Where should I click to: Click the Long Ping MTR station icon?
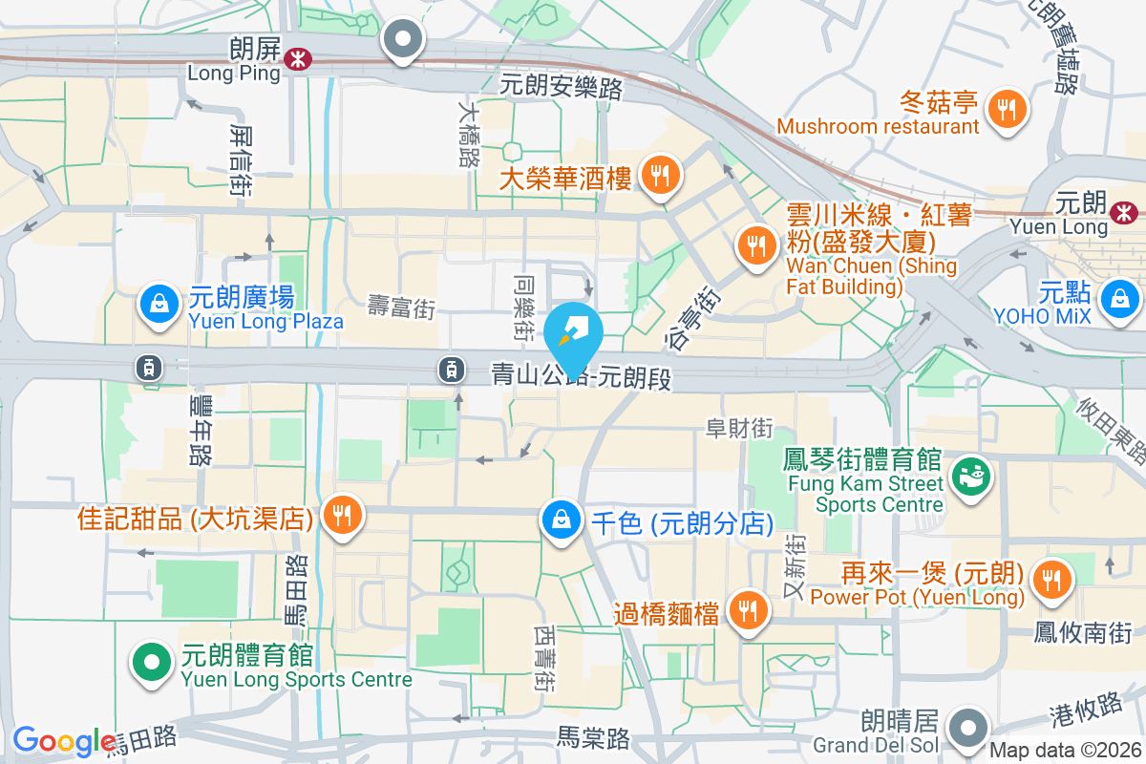click(x=298, y=59)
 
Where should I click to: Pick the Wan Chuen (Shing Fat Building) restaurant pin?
click(x=757, y=244)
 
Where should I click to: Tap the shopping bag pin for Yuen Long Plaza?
click(x=159, y=305)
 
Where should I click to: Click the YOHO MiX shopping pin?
click(x=1117, y=299)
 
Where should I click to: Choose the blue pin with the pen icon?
click(x=574, y=335)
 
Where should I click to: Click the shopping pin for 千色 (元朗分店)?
click(x=562, y=520)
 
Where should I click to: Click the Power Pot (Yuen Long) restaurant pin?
click(x=1052, y=577)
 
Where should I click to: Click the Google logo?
click(x=63, y=741)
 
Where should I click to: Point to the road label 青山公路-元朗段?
click(x=582, y=375)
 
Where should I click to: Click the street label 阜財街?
click(x=739, y=429)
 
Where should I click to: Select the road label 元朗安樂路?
click(x=562, y=88)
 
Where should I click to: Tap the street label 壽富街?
click(x=402, y=307)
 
